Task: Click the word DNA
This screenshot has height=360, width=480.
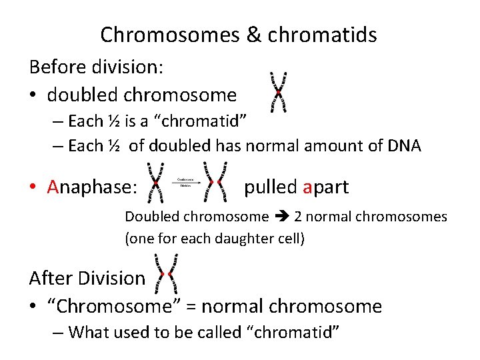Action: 403,146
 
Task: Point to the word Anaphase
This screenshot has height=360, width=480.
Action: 92,187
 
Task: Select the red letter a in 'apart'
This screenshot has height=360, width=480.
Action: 307,187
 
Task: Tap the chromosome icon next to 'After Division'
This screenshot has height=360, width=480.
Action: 167,274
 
